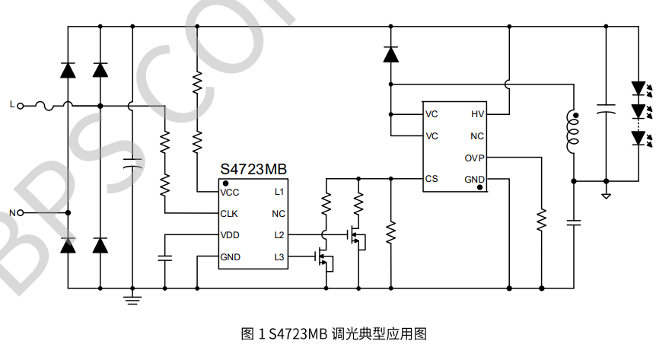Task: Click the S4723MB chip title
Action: (253, 169)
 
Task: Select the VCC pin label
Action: (230, 192)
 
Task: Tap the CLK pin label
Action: (230, 213)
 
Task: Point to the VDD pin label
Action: (230, 234)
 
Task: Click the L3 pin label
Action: (279, 257)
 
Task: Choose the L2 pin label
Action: (279, 234)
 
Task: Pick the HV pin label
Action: (477, 114)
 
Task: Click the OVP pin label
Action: (474, 158)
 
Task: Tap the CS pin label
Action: (432, 179)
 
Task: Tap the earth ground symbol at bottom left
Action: (132, 298)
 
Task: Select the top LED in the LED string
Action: (639, 88)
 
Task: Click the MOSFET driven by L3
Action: (326, 259)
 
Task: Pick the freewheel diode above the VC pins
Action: (390, 55)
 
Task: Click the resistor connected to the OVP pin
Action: (541, 219)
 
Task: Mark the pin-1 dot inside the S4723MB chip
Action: (226, 183)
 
